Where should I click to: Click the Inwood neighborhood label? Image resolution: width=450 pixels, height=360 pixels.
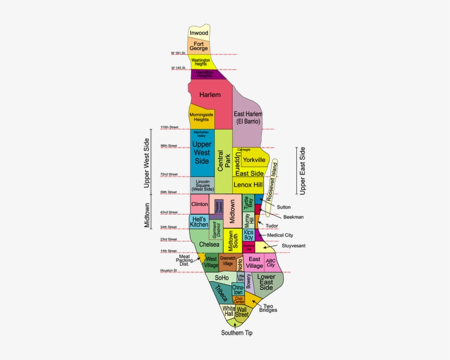coord(199,33)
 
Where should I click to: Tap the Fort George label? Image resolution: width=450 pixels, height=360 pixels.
coord(199,46)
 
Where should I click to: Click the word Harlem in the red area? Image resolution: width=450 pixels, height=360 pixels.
coord(210,95)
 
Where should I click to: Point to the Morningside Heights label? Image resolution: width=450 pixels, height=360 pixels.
coord(201,116)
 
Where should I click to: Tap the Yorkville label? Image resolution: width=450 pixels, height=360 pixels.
coord(254,160)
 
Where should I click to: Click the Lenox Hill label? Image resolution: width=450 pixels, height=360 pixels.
coord(248,185)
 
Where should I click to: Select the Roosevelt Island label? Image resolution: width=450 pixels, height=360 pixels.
coord(273,179)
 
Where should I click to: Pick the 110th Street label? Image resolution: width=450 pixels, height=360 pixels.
coord(170,127)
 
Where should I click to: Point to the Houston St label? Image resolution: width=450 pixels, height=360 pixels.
coord(170,271)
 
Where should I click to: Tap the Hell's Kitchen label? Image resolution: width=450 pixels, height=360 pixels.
coord(199,222)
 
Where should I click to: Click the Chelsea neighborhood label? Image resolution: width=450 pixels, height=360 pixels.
coord(209,244)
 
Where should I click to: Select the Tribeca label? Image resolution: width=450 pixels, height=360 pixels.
coord(221,294)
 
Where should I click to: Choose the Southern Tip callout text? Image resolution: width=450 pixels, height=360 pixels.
coord(237,333)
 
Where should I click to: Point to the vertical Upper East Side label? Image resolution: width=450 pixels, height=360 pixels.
coord(303,171)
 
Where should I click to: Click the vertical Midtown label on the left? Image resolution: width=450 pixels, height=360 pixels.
coord(147,215)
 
